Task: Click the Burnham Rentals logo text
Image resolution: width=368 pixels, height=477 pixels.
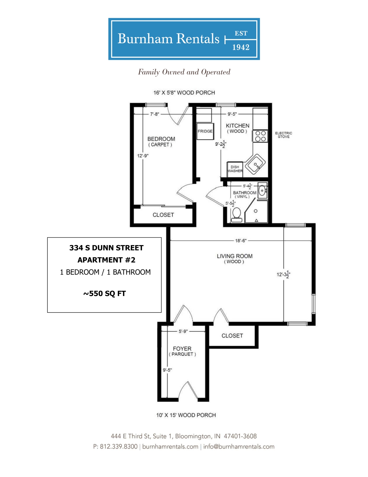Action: point(168,39)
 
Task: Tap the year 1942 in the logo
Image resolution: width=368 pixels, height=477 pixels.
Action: point(241,47)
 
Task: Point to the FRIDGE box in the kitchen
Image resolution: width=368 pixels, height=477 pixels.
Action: point(205,131)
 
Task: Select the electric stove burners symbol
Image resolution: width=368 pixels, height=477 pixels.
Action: point(260,136)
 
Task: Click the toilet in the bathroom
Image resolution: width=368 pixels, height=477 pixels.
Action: point(236,215)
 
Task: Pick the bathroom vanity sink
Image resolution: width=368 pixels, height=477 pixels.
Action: point(262,190)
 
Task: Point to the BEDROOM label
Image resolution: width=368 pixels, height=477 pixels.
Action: point(161,139)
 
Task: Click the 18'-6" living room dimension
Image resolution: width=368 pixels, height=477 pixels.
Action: point(241,241)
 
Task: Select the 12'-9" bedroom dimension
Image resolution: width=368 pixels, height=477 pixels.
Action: point(143,156)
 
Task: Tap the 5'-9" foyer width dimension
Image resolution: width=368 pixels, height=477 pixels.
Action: point(183,331)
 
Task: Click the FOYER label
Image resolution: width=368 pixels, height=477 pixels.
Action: point(182,349)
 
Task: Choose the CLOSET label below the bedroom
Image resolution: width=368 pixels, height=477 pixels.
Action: point(163,215)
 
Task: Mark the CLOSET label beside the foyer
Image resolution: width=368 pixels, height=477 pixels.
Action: point(232,336)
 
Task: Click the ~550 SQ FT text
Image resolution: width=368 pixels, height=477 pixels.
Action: point(104,293)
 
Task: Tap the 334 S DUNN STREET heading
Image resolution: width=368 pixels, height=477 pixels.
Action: point(106,248)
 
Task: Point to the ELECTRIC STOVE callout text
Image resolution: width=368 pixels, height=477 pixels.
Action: point(284,135)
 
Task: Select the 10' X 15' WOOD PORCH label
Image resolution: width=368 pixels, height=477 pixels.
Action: point(186,415)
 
